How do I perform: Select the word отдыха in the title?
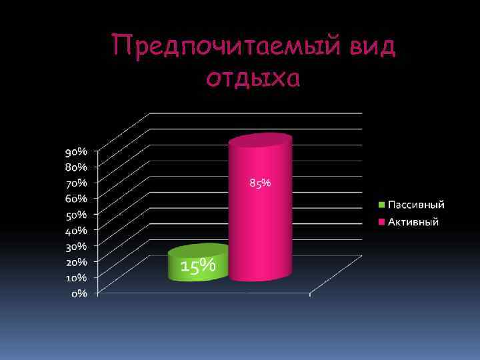tap(253, 79)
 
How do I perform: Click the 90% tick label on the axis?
tap(75, 152)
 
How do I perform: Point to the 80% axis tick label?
tap(75, 167)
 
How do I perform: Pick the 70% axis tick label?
tap(75, 182)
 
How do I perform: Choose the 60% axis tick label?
tap(75, 199)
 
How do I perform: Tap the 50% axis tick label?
tap(75, 215)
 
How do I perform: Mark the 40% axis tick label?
tap(75, 231)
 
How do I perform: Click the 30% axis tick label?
tap(75, 247)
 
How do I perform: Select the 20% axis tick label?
tap(75, 262)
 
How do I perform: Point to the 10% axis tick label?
tap(75, 277)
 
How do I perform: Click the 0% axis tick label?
tap(79, 294)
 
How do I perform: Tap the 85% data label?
tap(260, 183)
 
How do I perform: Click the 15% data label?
tap(199, 266)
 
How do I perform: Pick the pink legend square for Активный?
tap(382, 222)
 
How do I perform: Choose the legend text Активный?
tap(413, 222)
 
